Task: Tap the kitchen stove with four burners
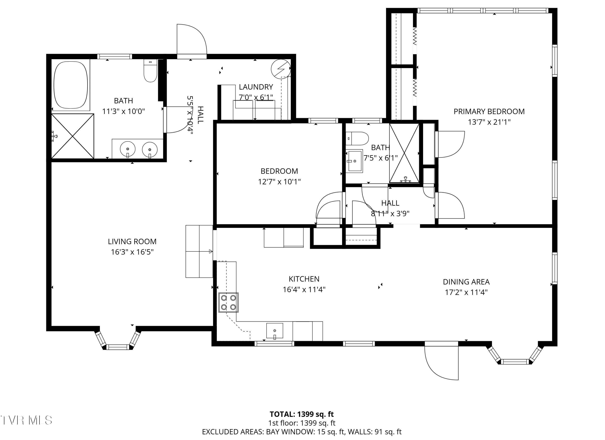[x=228, y=302]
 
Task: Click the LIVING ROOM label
[x=132, y=241]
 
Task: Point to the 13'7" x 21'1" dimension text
[x=489, y=122]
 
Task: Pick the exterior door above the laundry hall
[x=192, y=40]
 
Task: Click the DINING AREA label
[x=466, y=282]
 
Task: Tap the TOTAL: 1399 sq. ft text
[x=301, y=414]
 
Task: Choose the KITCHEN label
[x=304, y=279]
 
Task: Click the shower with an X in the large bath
[x=73, y=136]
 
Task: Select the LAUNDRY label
[x=256, y=87]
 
